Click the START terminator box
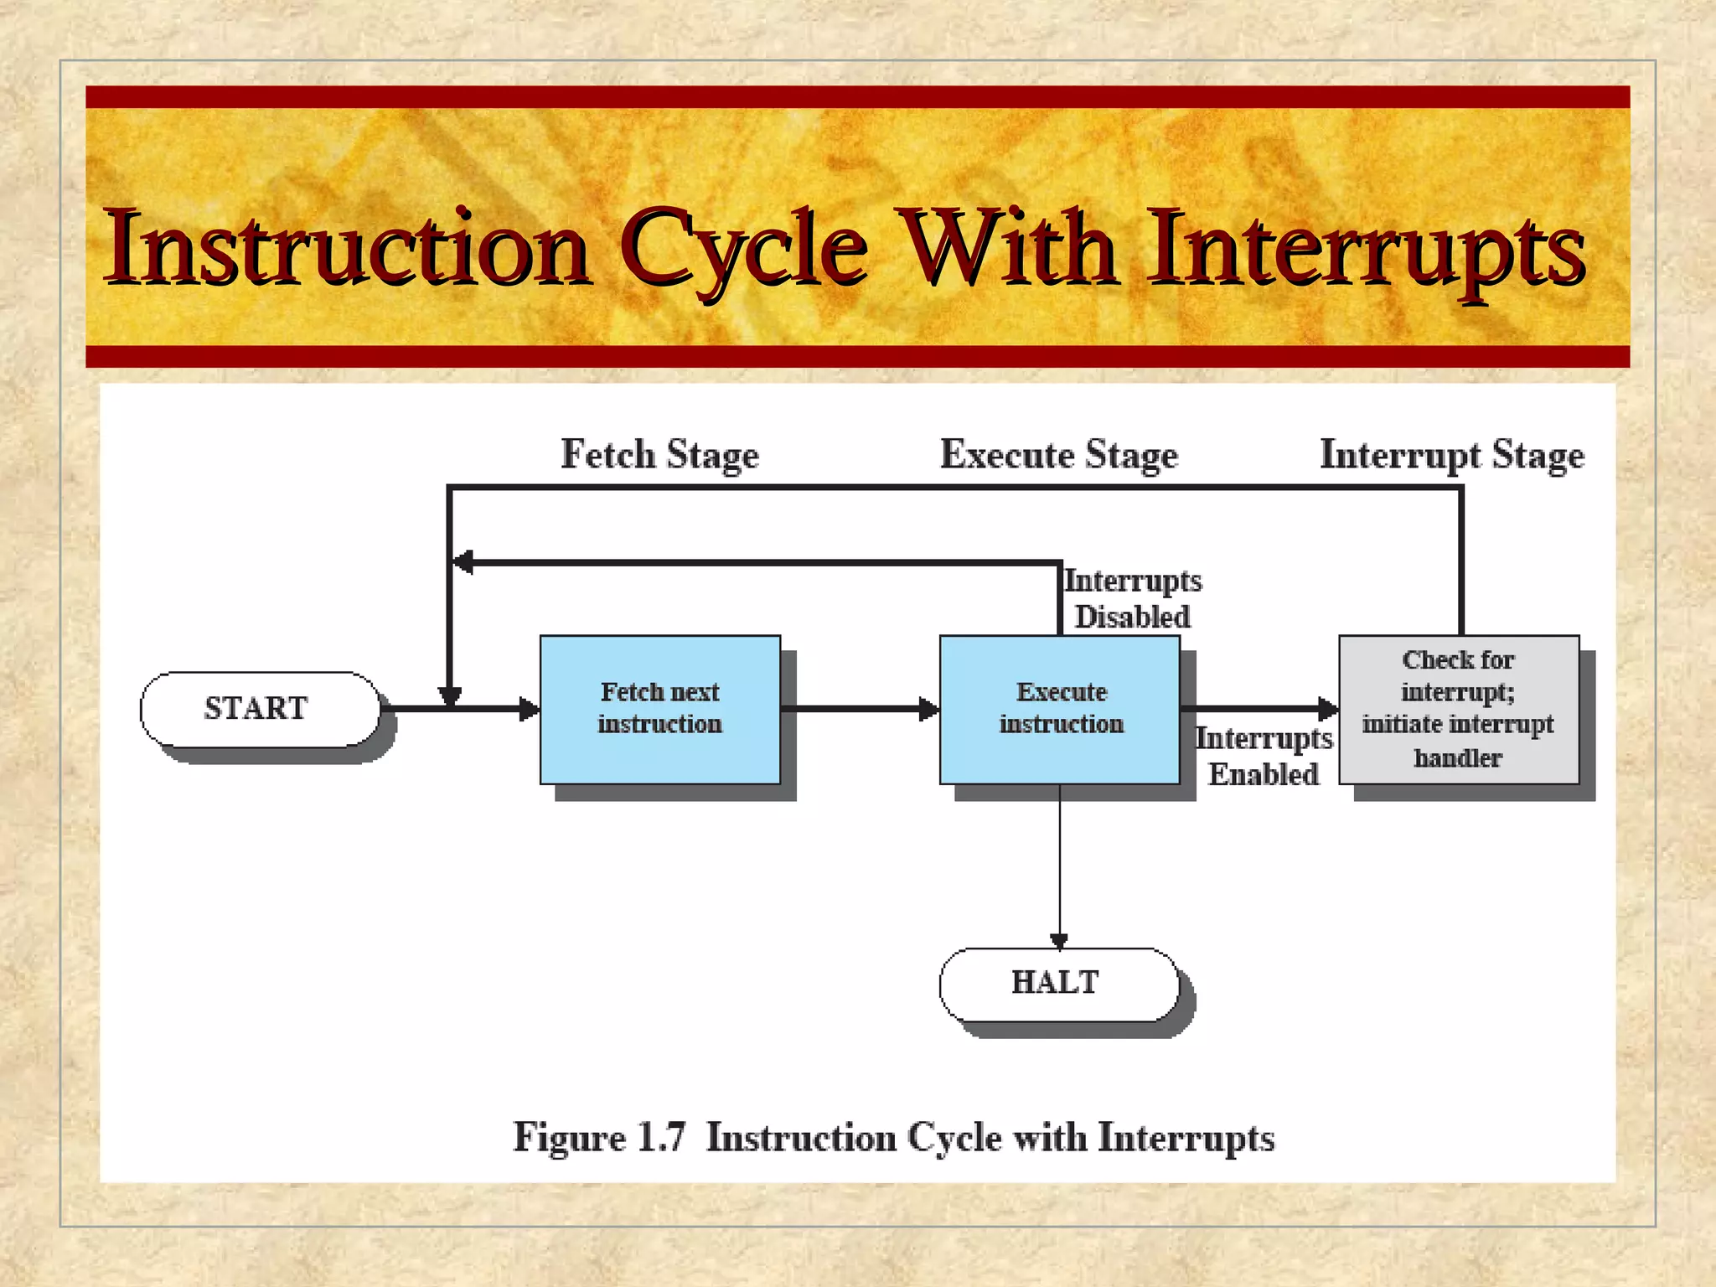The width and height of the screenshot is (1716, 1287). coord(260,709)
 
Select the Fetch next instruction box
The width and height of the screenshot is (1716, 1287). coord(659,709)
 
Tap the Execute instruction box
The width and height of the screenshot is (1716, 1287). coord(1059,709)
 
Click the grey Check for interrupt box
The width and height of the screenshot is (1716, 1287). coord(1458,709)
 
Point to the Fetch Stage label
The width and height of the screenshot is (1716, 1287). coord(659,455)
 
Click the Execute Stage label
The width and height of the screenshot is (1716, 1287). coord(1058,455)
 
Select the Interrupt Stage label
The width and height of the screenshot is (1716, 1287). coord(1451,455)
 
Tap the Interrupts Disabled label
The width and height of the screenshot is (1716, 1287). coord(1132,598)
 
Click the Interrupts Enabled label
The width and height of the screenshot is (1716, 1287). coord(1263,756)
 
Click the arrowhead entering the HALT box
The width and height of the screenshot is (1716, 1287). coord(1059,941)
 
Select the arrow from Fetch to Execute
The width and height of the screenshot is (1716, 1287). coord(859,709)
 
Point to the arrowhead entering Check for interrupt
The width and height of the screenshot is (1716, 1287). coord(1328,709)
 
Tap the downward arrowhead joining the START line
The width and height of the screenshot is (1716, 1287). coord(450,696)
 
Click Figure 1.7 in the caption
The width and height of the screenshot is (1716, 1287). coord(598,1138)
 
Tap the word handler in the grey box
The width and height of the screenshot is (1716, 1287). coord(1458,758)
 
